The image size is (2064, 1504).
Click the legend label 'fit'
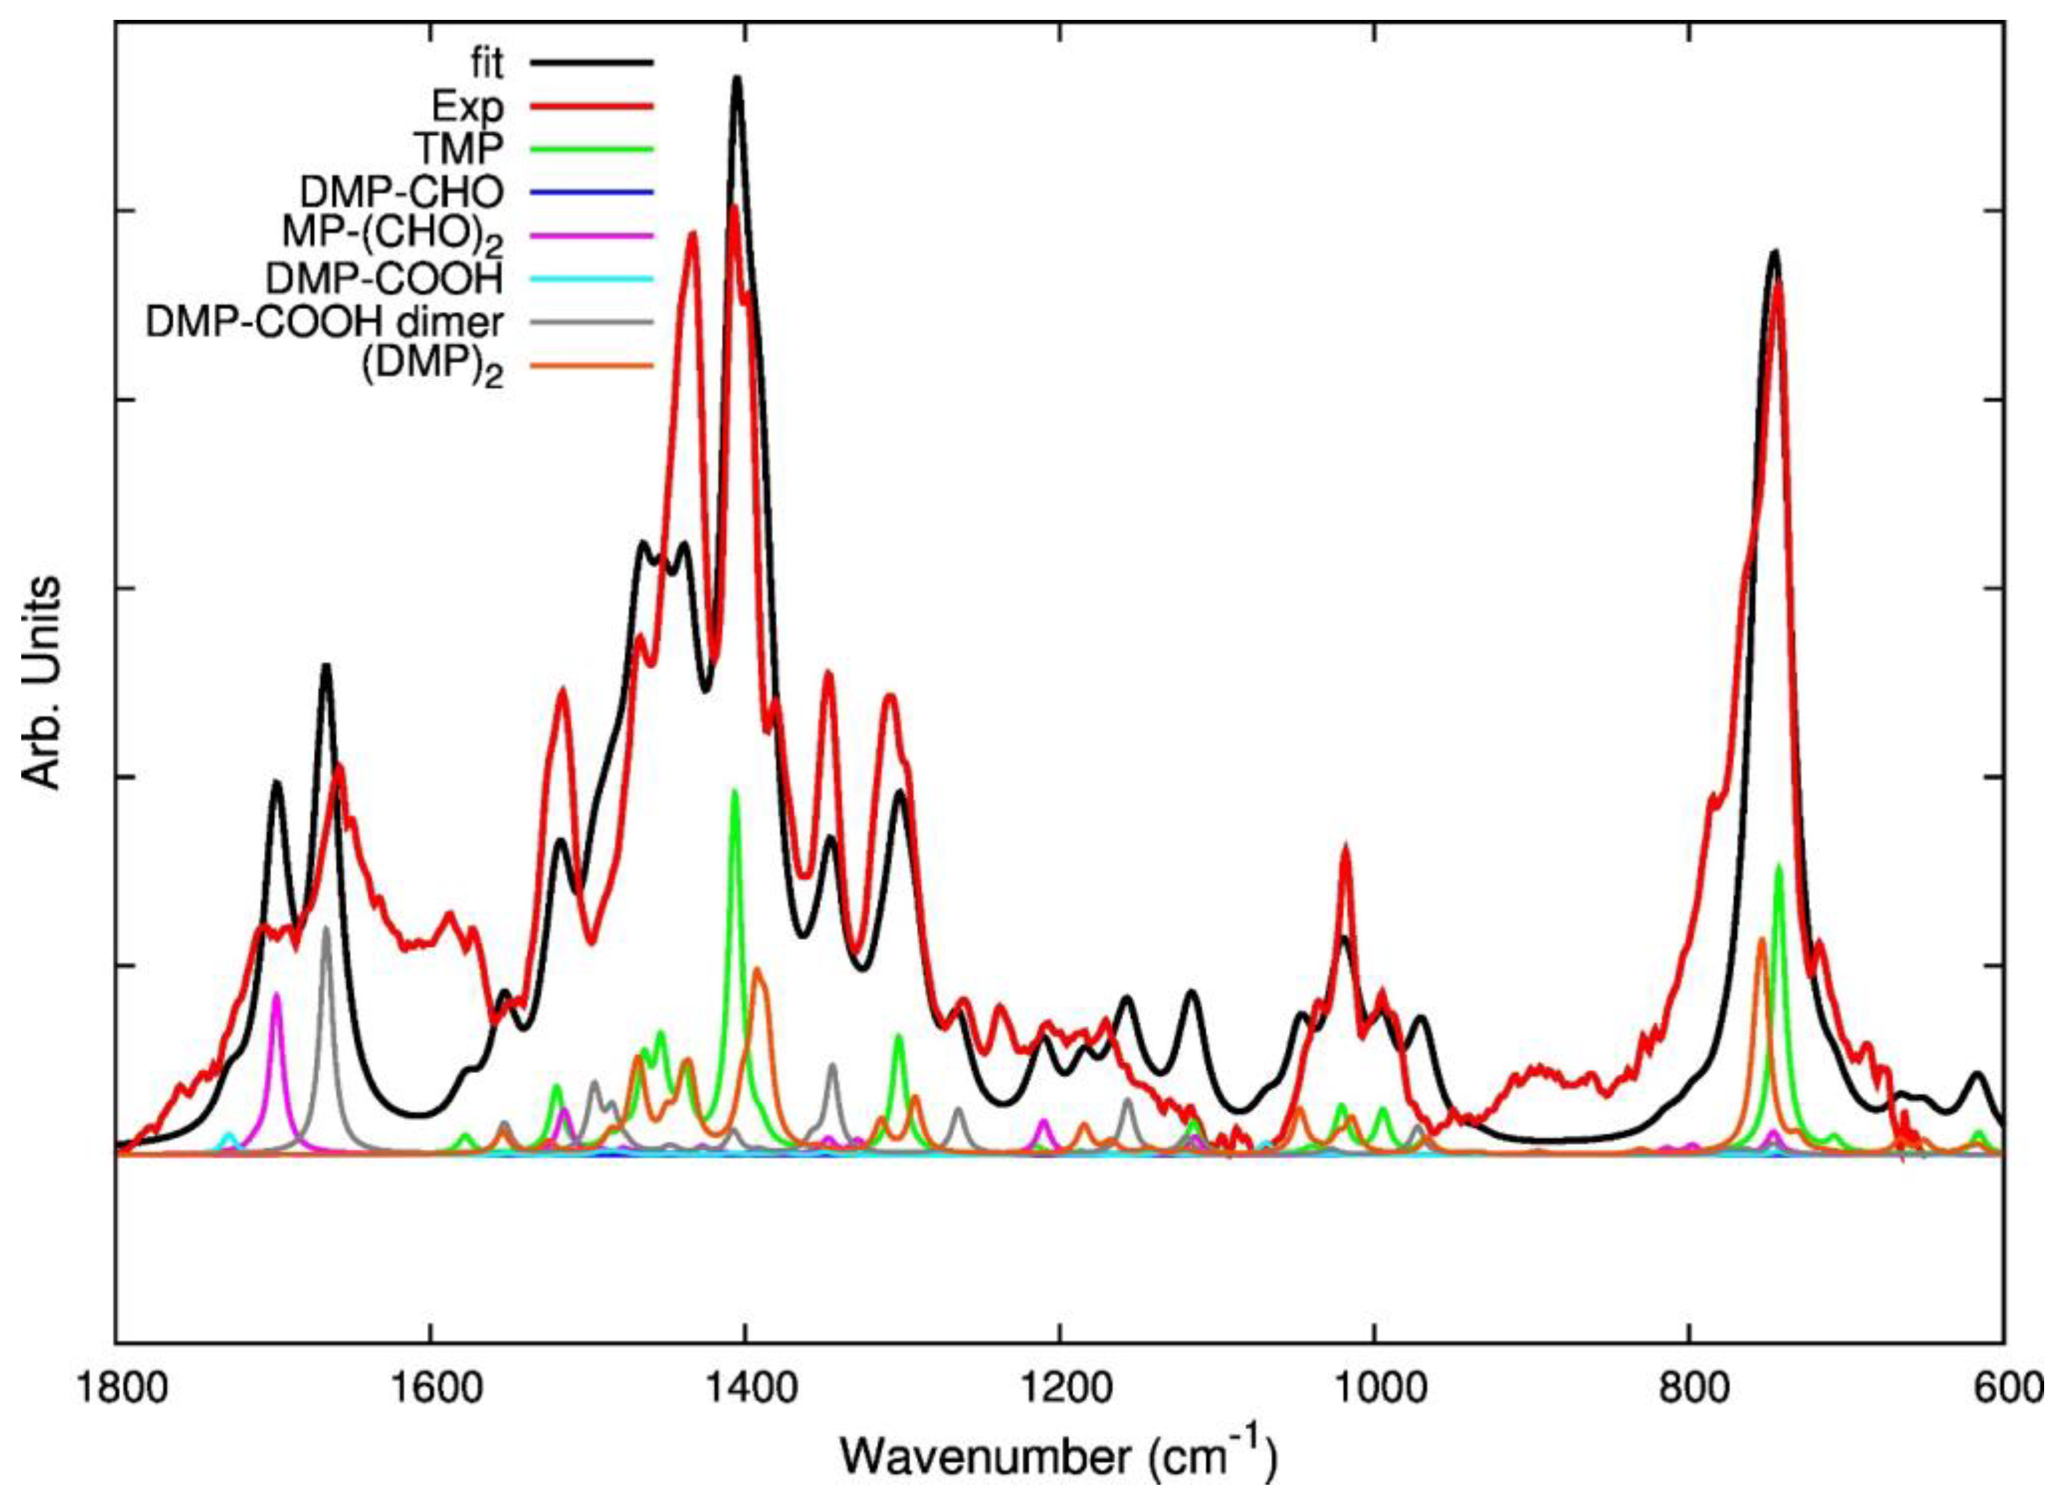pyautogui.click(x=483, y=64)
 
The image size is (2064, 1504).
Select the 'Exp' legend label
pyautogui.click(x=467, y=107)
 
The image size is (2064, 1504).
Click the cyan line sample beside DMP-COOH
pyautogui.click(x=592, y=278)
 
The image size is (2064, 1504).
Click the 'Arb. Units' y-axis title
pyautogui.click(x=41, y=683)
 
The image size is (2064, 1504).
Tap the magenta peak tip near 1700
pyautogui.click(x=276, y=995)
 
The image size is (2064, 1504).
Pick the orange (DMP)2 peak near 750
pyautogui.click(x=1761, y=939)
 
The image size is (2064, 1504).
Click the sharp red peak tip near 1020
pyautogui.click(x=1345, y=848)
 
